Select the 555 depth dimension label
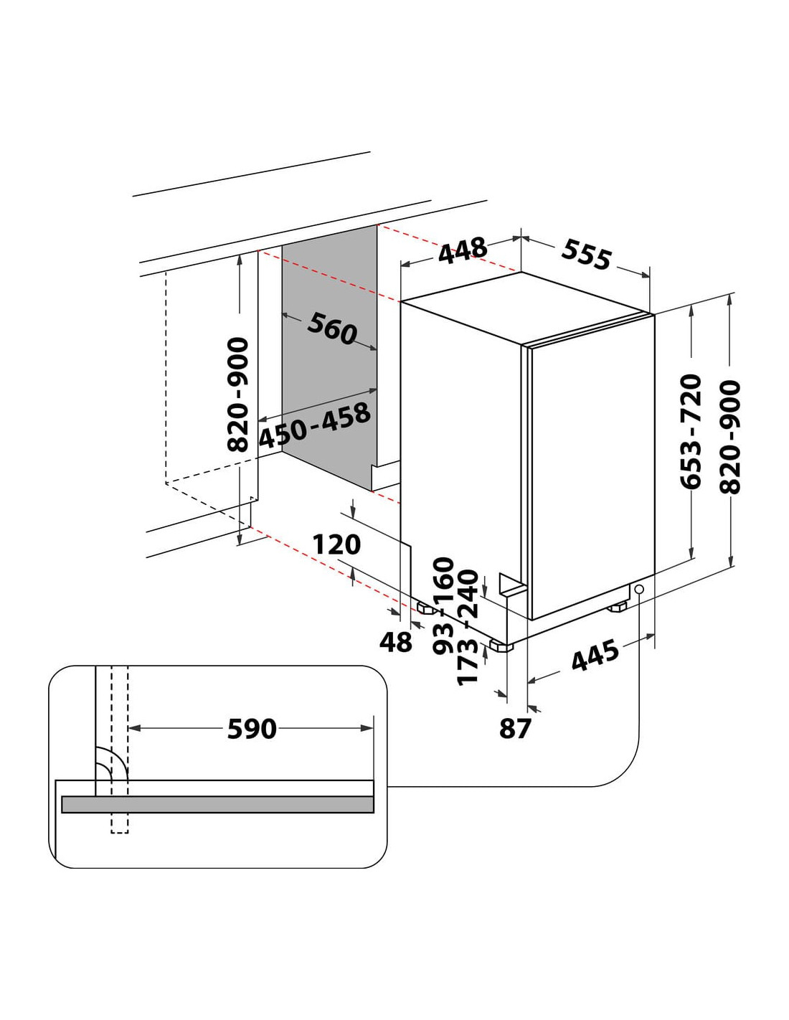pyautogui.click(x=587, y=255)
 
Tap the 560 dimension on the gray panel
pyautogui.click(x=332, y=328)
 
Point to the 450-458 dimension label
pyautogui.click(x=315, y=426)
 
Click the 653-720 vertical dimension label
pyautogui.click(x=691, y=431)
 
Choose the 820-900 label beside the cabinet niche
pyautogui.click(x=237, y=395)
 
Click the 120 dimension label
pyautogui.click(x=336, y=544)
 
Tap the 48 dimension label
pyautogui.click(x=396, y=642)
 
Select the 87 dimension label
pyautogui.click(x=514, y=728)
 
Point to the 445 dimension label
pyautogui.click(x=595, y=656)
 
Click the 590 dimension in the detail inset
pyautogui.click(x=252, y=729)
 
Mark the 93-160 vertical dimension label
pyautogui.click(x=443, y=606)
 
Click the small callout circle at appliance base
pyautogui.click(x=638, y=590)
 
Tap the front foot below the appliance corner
pyautogui.click(x=501, y=646)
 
